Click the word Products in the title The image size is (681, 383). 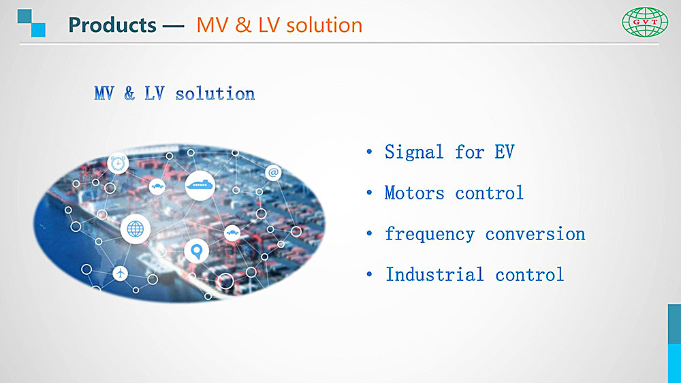click(x=112, y=25)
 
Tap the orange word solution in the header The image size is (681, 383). click(x=324, y=25)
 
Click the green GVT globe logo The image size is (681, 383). click(x=645, y=22)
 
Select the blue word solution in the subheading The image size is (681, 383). click(x=215, y=94)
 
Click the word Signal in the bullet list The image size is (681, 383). click(x=414, y=152)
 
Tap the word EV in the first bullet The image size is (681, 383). click(x=504, y=152)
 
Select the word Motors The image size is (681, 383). click(x=414, y=193)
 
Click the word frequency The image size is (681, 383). click(x=430, y=234)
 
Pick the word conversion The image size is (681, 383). click(x=535, y=234)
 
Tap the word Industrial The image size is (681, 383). click(x=434, y=275)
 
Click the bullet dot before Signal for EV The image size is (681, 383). click(x=369, y=152)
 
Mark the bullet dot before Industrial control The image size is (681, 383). click(x=369, y=274)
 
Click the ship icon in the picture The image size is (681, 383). click(x=200, y=185)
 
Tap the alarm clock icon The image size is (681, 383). click(x=118, y=164)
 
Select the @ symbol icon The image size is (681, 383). click(x=273, y=173)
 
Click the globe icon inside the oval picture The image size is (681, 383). click(x=135, y=229)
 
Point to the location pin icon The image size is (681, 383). click(x=196, y=251)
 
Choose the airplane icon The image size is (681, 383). click(x=121, y=273)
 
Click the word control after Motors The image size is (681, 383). click(x=489, y=193)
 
